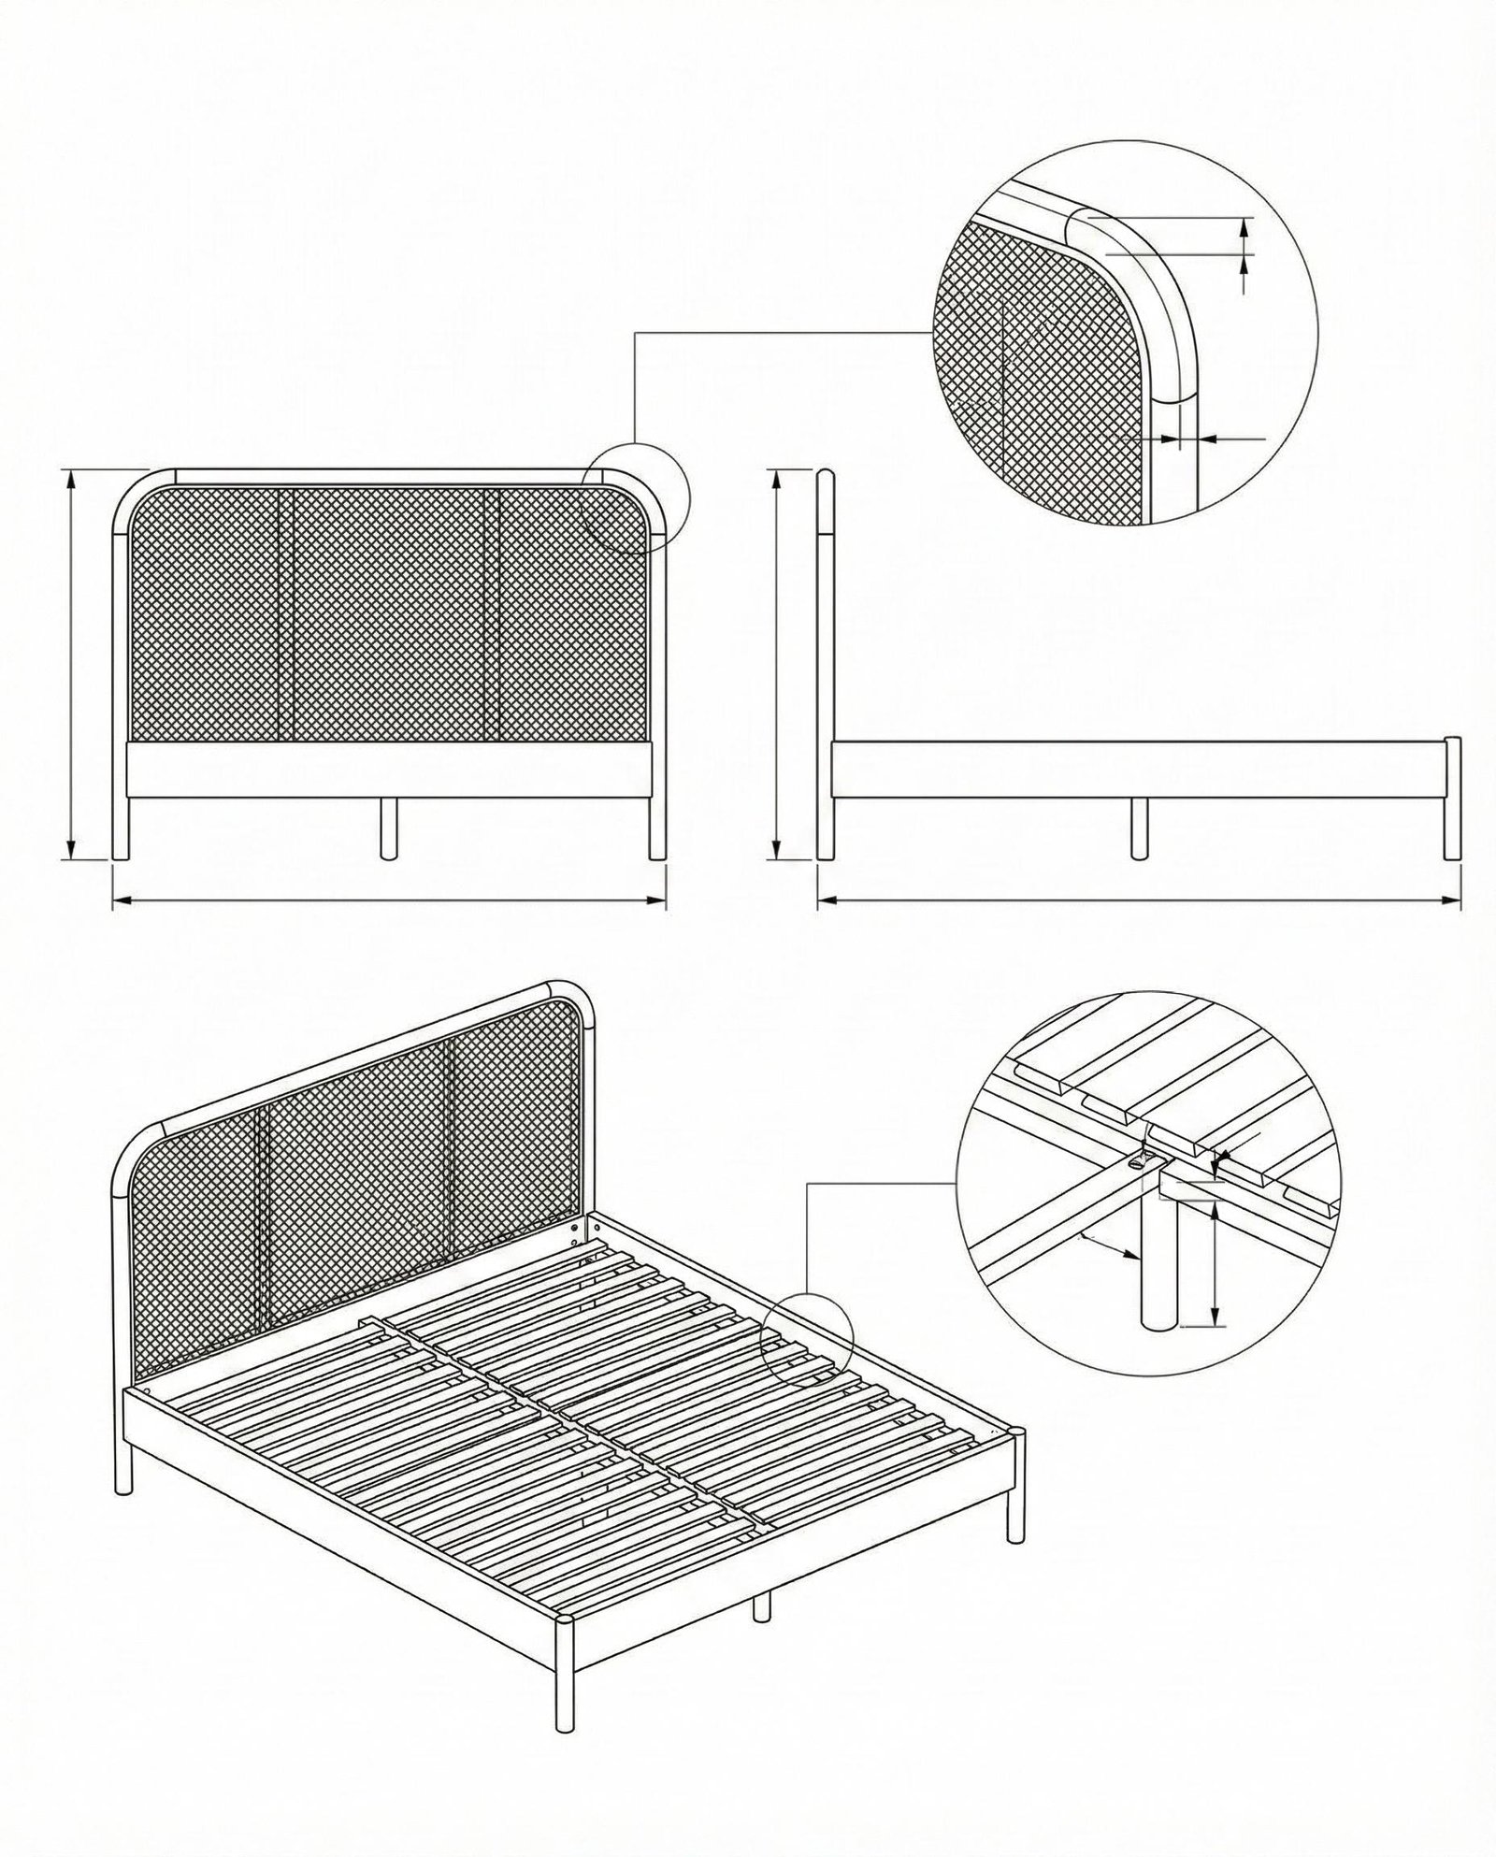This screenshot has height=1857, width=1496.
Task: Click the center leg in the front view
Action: pyautogui.click(x=388, y=828)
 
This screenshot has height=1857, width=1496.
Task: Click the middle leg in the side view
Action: pyautogui.click(x=1138, y=828)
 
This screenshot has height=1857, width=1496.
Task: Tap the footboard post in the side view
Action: pyautogui.click(x=1452, y=799)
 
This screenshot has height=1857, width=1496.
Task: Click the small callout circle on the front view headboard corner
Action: pyautogui.click(x=635, y=497)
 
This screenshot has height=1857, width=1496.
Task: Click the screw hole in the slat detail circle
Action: pyautogui.click(x=1138, y=1164)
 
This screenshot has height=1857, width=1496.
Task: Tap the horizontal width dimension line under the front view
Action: pyautogui.click(x=388, y=901)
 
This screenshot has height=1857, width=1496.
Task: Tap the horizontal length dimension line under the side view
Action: pyautogui.click(x=1138, y=901)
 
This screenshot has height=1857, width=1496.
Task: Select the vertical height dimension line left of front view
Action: pyautogui.click(x=70, y=664)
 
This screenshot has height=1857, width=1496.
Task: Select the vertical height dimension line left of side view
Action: pyautogui.click(x=776, y=664)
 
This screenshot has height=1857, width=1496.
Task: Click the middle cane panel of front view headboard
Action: pyautogui.click(x=388, y=612)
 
